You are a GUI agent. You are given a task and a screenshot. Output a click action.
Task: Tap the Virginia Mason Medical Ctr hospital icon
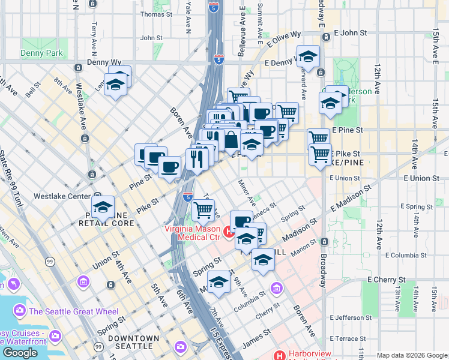228,231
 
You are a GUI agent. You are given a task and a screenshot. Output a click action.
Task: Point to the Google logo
20,353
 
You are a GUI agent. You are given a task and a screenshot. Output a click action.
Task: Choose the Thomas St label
156,14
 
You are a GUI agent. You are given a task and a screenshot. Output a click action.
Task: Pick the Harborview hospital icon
279,355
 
